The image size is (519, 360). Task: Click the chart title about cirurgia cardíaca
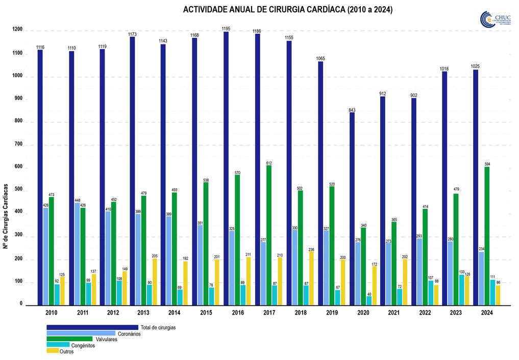[x=287, y=10]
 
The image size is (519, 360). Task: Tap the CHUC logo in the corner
[x=495, y=20]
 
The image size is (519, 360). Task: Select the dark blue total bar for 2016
[x=226, y=169]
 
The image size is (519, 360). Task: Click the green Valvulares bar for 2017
[x=268, y=235]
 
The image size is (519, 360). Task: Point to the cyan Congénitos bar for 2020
[x=369, y=300]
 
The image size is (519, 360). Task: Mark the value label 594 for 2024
[x=487, y=164]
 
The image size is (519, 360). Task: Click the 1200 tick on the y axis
[x=17, y=30]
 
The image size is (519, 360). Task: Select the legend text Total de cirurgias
[x=158, y=327]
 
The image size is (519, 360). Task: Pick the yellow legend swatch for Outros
[x=52, y=351]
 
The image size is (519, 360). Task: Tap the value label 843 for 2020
[x=352, y=109]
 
